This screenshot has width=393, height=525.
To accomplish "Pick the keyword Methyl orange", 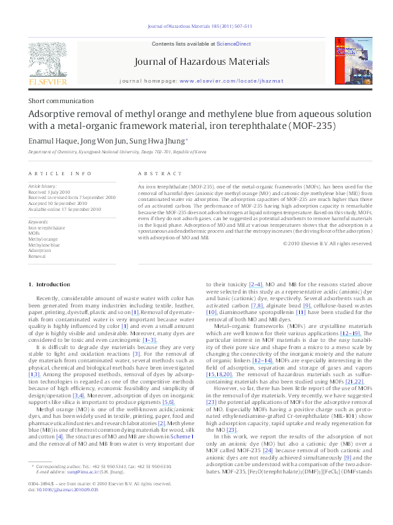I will coord(42,239).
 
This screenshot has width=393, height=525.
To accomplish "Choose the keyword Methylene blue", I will coord(44,245).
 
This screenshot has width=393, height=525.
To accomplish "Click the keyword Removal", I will coord(37,256).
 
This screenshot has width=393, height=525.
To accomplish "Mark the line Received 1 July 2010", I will coord(51,192).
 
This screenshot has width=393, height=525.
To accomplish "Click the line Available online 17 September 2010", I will coord(64,209).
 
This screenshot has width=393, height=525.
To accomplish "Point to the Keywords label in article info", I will coord(38,222).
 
